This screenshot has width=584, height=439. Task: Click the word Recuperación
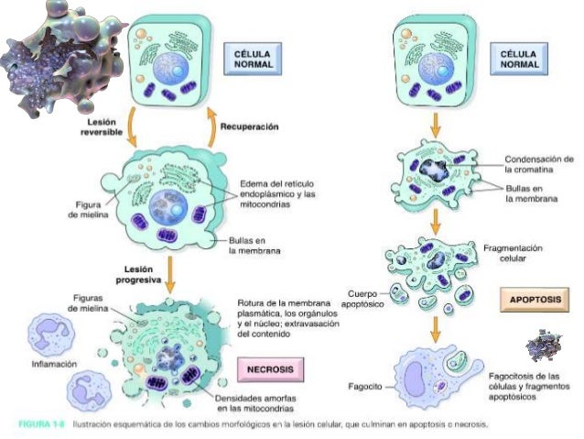point(249,126)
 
